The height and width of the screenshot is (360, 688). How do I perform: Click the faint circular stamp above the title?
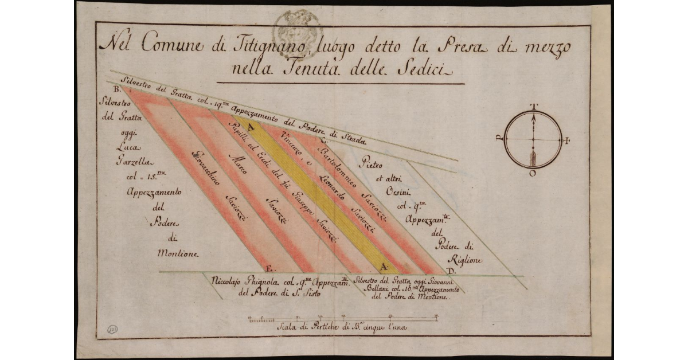tap(298, 26)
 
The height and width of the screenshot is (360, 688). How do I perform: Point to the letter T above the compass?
tap(533, 106)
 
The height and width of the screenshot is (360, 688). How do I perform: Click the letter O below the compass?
tap(533, 174)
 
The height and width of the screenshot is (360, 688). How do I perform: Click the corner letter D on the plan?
tap(451, 271)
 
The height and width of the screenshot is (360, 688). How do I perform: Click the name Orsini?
tap(392, 192)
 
